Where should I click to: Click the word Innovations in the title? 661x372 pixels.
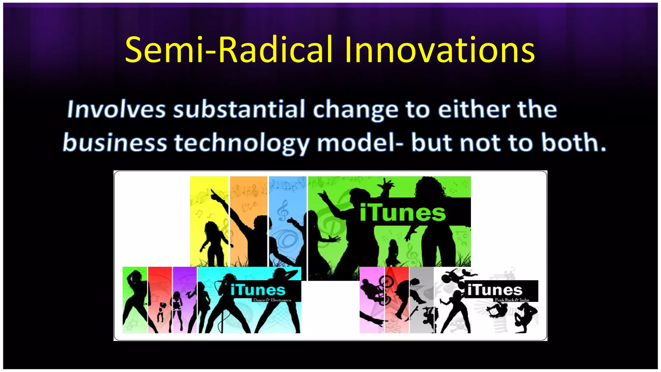point(440,50)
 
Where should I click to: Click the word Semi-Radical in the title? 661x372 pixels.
point(229,50)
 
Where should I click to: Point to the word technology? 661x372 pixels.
point(241,143)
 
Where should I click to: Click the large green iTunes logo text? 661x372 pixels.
point(402,213)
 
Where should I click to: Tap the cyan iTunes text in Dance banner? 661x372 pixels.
point(258,290)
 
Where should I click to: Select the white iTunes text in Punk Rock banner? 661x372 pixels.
point(494,290)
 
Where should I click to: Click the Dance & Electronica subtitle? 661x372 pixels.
point(272,300)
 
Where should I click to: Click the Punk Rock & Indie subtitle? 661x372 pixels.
point(512,300)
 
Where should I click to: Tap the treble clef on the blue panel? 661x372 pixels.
point(283,210)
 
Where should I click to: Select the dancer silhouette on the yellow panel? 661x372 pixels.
point(211,242)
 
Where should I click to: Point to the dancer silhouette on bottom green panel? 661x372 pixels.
point(134,297)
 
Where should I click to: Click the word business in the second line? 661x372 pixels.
point(115,143)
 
